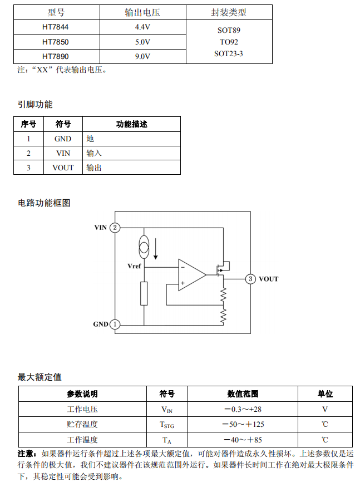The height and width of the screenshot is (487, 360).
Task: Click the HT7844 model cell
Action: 56,27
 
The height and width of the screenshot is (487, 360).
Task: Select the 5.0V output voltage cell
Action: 142,42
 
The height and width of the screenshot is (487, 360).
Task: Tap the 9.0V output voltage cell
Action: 142,56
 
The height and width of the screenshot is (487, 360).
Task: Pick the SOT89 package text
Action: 229,31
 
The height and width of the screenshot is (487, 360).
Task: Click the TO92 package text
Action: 229,42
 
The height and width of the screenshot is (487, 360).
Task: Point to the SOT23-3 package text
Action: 229,53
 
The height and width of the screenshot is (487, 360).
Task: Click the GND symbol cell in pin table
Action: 63,139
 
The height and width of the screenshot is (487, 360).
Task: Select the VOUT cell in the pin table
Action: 63,168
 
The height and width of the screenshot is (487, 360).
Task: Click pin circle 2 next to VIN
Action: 115,228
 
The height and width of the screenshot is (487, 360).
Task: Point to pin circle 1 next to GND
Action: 115,324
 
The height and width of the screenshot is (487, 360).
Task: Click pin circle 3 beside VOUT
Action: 251,279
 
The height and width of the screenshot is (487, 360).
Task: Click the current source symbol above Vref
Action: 144,246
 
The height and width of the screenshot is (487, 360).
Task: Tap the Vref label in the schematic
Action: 134,266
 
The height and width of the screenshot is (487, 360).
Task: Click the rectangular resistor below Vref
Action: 144,293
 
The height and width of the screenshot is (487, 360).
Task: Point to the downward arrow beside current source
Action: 156,249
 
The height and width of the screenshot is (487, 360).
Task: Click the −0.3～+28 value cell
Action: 243,409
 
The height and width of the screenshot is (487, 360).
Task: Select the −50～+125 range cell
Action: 243,425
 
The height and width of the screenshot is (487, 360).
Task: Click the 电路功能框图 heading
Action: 44,203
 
